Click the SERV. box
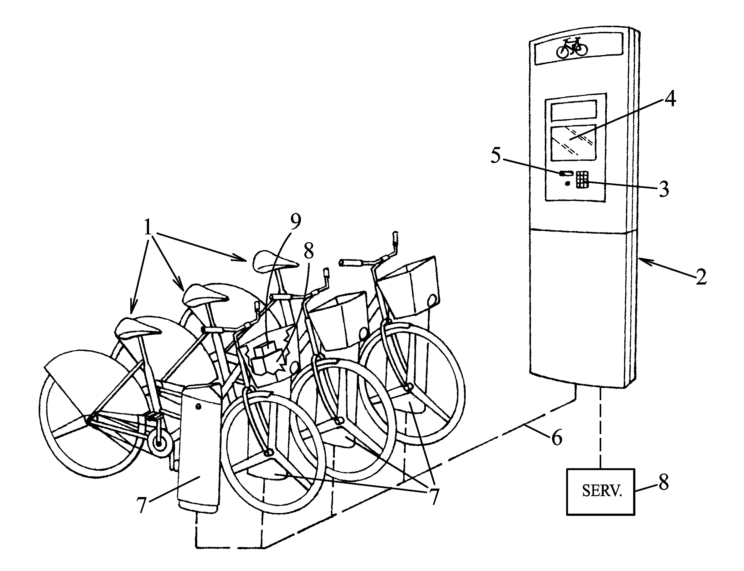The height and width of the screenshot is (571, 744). pos(600,491)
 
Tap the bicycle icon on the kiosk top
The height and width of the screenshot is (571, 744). pos(572,48)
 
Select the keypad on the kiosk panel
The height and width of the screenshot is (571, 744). pos(582,180)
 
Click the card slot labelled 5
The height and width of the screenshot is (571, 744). pos(567,173)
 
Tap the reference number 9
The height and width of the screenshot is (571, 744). pos(295,222)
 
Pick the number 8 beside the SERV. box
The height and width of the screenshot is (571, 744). pos(664,482)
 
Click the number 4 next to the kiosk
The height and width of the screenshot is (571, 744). pos(670,99)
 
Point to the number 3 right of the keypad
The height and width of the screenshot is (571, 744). pos(664,189)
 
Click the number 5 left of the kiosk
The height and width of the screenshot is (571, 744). pos(496,156)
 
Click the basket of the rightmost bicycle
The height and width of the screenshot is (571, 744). pos(409,288)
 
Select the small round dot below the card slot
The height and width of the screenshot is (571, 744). pos(567,184)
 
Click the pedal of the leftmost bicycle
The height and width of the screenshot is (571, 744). pos(153,416)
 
